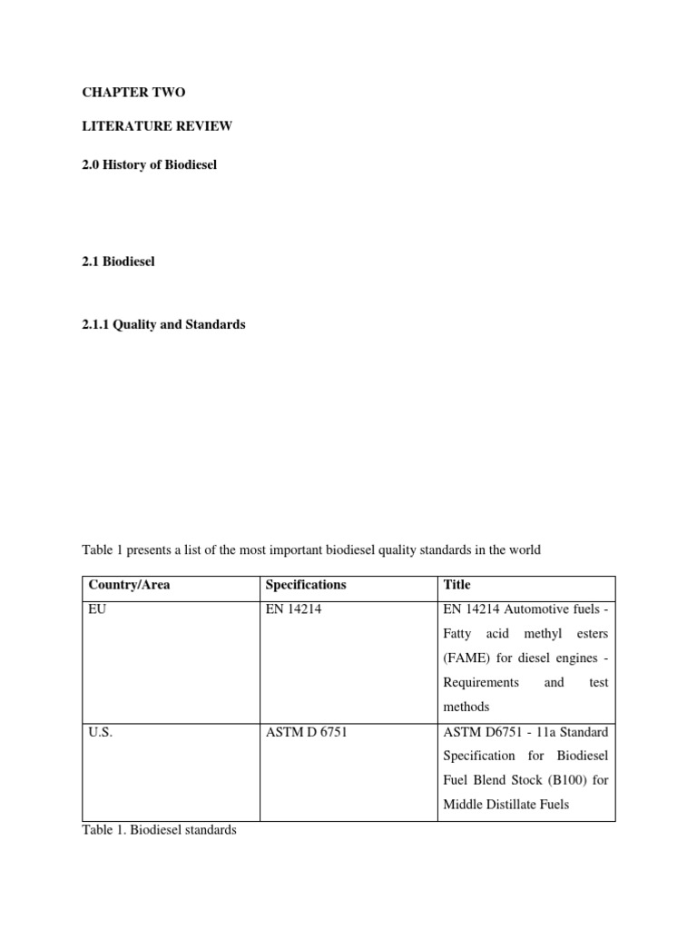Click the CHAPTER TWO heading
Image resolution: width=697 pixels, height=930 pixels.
pos(133,93)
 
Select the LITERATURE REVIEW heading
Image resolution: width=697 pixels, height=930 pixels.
pos(157,126)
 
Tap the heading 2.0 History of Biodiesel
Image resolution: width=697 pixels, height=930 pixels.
pos(150,165)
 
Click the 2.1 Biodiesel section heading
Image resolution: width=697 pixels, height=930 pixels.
pos(119,262)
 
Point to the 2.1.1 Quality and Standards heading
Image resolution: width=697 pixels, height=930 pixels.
pos(163,324)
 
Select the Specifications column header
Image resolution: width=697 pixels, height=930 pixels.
pos(306,585)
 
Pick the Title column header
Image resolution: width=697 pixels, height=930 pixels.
pos(457,585)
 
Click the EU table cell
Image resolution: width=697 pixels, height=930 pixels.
pos(97,609)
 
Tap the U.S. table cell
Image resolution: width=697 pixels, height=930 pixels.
pos(100,732)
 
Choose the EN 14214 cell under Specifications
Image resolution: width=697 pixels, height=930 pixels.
pos(294,609)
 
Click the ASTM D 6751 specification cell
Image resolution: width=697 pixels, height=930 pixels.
pos(306,732)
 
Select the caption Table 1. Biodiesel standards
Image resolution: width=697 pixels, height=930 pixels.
pos(159,830)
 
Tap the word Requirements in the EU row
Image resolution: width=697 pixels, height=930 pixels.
pos(481,682)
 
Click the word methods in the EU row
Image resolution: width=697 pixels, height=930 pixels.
pos(466,707)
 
